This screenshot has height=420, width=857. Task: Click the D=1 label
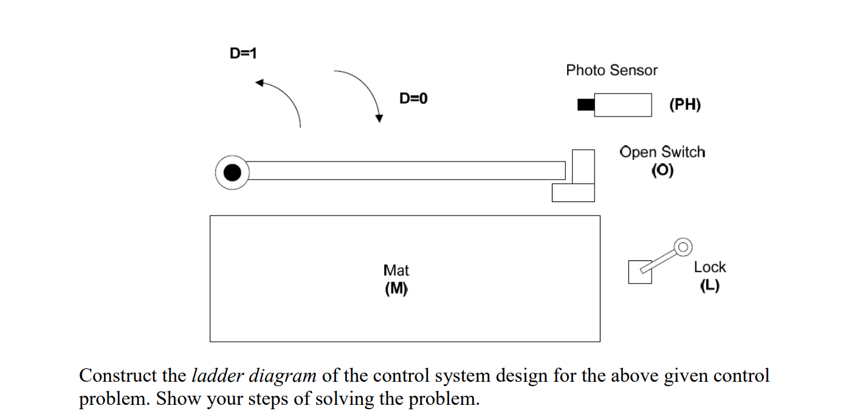point(243,53)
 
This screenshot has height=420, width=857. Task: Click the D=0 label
point(413,98)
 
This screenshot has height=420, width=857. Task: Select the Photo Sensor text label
point(611,70)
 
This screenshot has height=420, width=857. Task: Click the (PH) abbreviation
point(684,105)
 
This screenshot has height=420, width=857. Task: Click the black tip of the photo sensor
point(585,105)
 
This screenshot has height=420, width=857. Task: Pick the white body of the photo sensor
point(622,105)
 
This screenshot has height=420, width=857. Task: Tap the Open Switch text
point(662,152)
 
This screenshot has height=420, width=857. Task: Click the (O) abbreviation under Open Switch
point(662,171)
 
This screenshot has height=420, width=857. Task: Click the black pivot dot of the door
point(232,172)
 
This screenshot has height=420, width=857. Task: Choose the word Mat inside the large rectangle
point(396,270)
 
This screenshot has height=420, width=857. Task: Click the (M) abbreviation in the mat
point(396,289)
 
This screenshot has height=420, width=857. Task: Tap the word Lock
point(709,267)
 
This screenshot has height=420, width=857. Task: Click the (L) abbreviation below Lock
point(709,286)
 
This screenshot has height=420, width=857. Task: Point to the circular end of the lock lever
point(683,246)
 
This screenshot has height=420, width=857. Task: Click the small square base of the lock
point(639,273)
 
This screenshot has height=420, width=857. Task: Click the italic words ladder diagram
point(254,376)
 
